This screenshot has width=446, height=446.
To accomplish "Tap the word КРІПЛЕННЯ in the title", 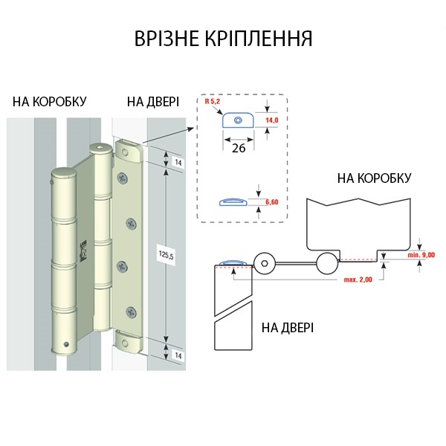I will point(264,38).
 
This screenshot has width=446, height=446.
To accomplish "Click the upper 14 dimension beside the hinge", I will point(178,161).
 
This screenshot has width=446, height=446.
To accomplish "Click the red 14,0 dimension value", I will point(271,120).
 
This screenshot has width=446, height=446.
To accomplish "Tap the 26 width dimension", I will point(239,147).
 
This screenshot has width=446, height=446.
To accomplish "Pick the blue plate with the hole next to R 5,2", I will point(237,120).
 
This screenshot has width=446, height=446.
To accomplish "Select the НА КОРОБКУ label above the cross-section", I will point(374,178).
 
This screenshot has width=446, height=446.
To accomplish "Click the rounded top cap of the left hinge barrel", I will point(62,177).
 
